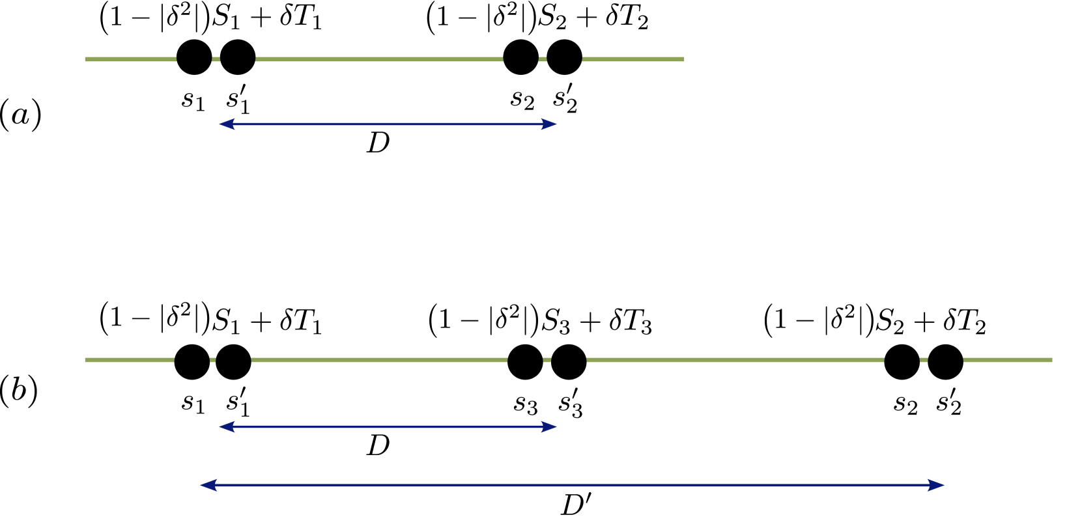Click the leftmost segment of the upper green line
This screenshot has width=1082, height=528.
point(130,59)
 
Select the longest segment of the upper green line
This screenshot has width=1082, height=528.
point(379,59)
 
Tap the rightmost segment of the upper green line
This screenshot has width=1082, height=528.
point(633,59)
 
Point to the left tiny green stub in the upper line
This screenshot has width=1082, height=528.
point(216,59)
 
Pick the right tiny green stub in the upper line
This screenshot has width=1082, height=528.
point(543,59)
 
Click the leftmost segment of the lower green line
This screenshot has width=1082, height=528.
point(129,360)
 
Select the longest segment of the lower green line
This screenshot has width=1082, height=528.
point(735,360)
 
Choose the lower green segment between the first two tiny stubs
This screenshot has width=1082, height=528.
point(379,360)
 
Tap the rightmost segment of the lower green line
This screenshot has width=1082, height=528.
point(1008,360)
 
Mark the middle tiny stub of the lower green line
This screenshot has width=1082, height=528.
point(547,360)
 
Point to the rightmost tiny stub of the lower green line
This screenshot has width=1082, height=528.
point(924,360)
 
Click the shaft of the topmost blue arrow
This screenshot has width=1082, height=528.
point(388,124)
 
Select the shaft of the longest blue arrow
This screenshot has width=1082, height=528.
point(572,485)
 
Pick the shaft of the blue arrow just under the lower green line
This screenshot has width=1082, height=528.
point(388,426)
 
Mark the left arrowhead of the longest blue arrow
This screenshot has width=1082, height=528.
point(208,485)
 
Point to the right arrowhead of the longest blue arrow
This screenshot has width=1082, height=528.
point(936,485)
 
